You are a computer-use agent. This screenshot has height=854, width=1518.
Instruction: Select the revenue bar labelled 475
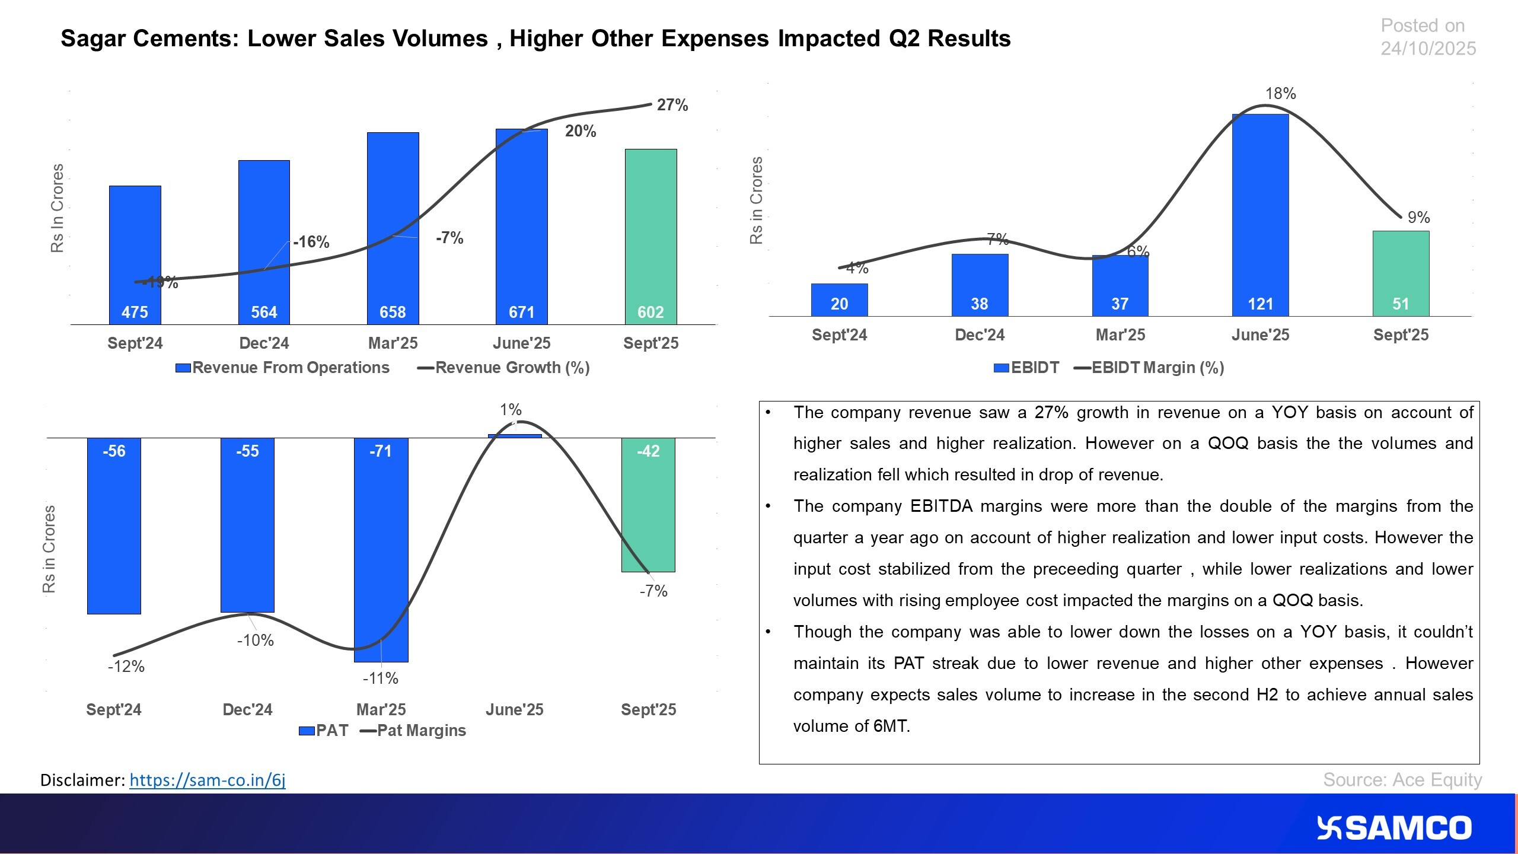(135, 255)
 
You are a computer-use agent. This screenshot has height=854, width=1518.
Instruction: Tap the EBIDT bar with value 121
(1260, 213)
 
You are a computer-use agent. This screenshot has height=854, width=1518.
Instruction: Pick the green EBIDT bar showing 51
(1401, 273)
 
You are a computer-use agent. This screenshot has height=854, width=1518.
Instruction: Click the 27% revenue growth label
(672, 106)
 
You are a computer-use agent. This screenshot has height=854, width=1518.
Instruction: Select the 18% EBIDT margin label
(1280, 94)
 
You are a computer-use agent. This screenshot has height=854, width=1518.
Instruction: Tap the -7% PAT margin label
(653, 591)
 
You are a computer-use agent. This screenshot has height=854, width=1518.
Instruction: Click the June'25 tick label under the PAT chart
(514, 709)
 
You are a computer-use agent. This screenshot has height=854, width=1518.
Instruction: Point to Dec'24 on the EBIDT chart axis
(980, 335)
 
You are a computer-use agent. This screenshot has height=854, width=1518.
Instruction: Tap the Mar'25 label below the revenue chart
(393, 343)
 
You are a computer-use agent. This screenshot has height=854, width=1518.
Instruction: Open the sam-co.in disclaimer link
(208, 780)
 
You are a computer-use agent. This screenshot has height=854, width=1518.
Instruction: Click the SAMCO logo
(1393, 828)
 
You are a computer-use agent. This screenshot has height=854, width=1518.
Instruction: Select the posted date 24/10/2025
(1428, 49)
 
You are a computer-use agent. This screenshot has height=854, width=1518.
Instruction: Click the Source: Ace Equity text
(1402, 780)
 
